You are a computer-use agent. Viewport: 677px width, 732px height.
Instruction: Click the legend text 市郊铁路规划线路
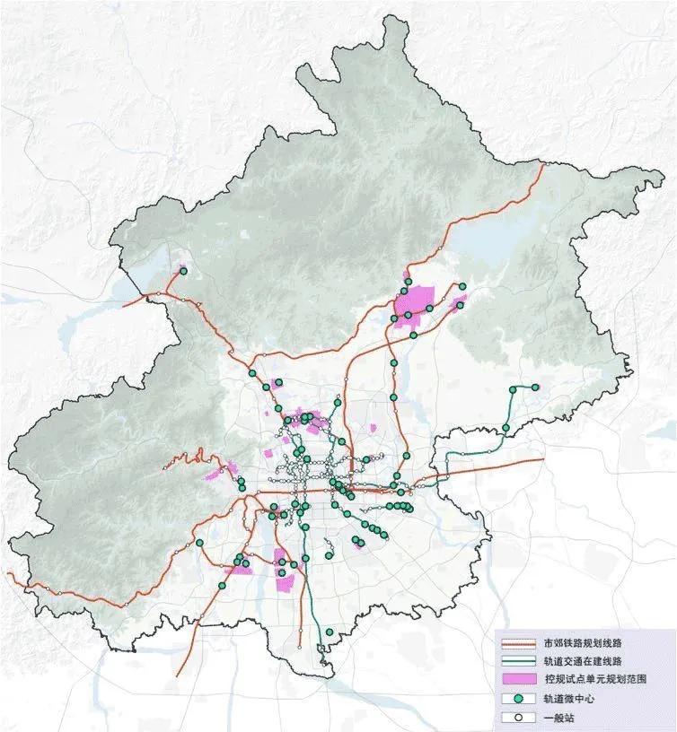click(x=584, y=644)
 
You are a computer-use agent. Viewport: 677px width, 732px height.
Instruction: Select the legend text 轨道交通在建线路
click(x=584, y=662)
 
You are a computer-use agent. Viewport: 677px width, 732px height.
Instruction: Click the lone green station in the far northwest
click(x=184, y=271)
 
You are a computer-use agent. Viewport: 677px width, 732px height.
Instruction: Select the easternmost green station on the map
click(x=536, y=388)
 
